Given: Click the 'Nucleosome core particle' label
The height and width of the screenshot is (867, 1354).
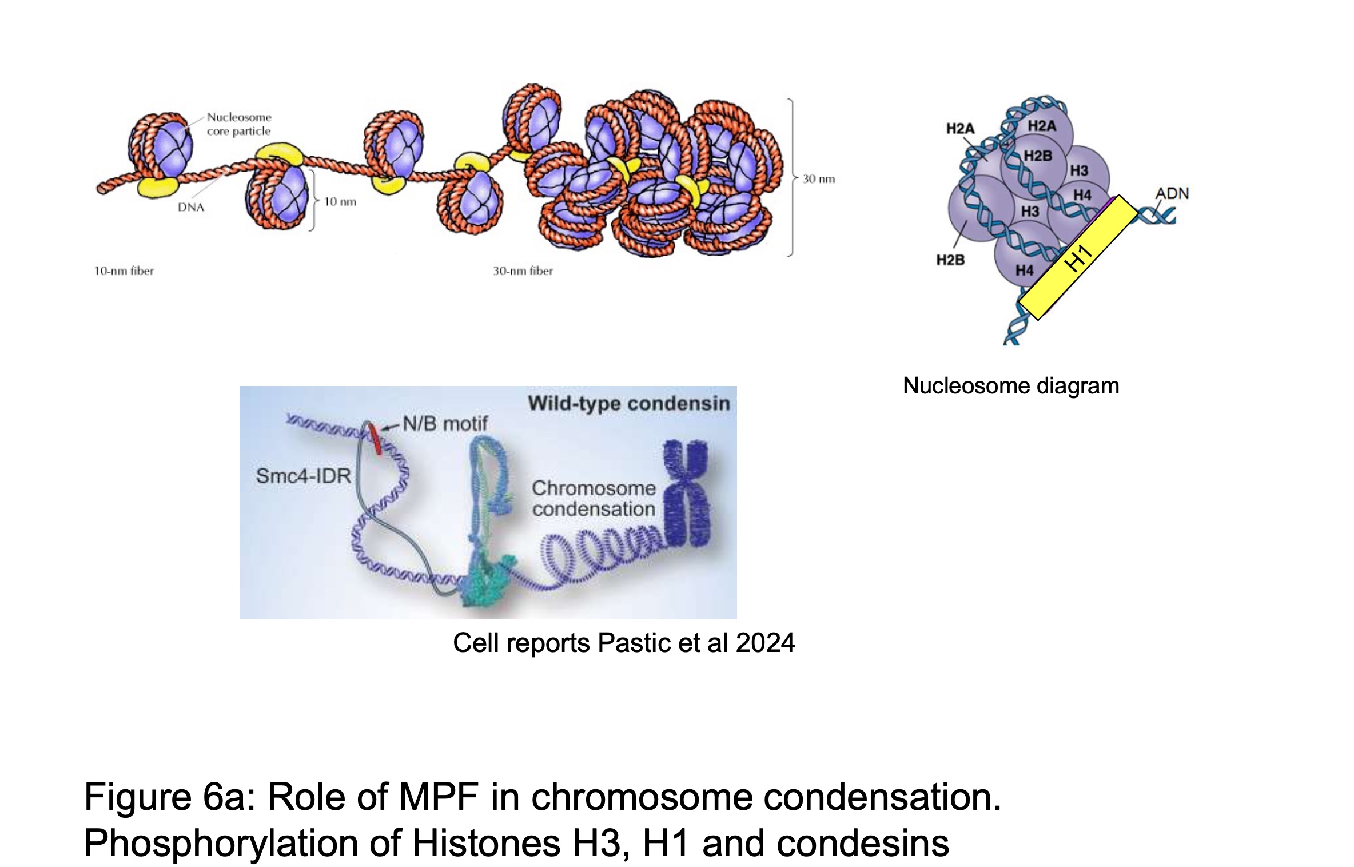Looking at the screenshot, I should [x=239, y=124].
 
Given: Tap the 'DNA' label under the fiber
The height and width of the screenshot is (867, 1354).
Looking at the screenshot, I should [x=191, y=208].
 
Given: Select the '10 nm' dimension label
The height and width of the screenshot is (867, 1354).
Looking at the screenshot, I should [x=340, y=202].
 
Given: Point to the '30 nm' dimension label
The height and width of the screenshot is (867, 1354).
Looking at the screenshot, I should [x=819, y=179].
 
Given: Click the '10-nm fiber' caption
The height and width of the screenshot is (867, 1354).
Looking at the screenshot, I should [x=124, y=271].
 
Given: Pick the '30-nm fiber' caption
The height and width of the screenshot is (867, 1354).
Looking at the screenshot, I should [x=523, y=271].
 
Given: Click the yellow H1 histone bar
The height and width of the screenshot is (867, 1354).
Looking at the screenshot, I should [x=1078, y=257].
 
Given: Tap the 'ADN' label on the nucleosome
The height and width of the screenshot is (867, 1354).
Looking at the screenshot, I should [x=1172, y=194].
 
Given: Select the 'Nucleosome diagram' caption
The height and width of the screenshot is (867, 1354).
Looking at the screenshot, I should [x=1011, y=386].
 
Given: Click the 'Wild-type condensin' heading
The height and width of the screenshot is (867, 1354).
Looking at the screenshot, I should [x=628, y=404].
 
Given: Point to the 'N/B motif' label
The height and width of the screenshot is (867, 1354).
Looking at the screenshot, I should [x=445, y=424].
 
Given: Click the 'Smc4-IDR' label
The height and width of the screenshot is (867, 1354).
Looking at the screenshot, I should [x=303, y=476].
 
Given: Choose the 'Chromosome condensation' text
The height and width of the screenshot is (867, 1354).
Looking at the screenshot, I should [x=594, y=499].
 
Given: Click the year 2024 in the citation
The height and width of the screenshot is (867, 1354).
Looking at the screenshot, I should [x=765, y=643].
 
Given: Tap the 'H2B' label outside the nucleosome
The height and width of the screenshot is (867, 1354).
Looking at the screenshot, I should [x=950, y=260].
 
